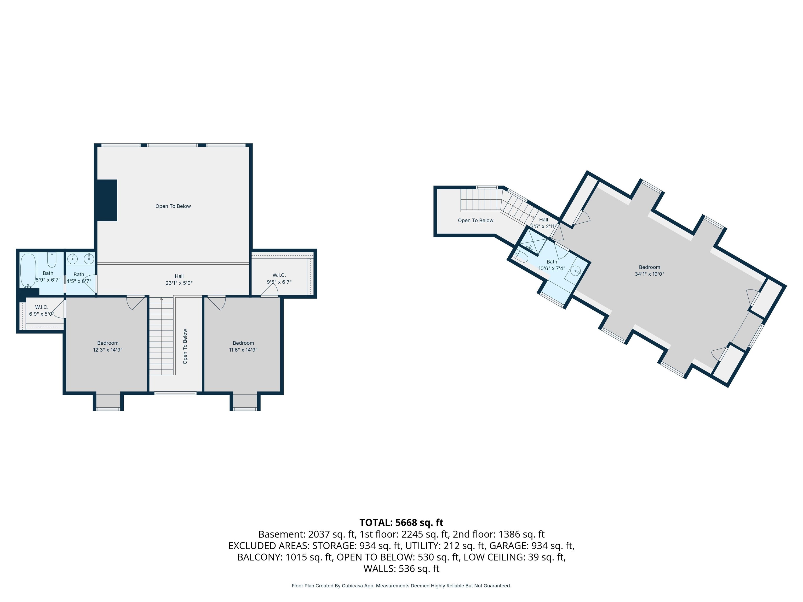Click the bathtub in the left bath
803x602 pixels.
click(x=28, y=270)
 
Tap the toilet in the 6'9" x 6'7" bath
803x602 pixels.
click(x=52, y=260)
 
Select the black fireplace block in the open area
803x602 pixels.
click(x=107, y=200)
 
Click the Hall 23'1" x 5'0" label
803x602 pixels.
click(x=179, y=279)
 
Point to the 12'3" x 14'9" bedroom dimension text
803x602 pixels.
click(x=108, y=350)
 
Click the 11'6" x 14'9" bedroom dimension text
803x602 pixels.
click(x=243, y=350)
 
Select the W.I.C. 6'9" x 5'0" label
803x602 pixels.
click(x=42, y=310)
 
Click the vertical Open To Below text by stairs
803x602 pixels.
click(x=185, y=346)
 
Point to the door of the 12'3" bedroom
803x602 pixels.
click(x=136, y=303)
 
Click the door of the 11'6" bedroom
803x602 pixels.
click(x=216, y=303)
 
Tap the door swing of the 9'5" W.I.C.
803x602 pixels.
click(x=269, y=290)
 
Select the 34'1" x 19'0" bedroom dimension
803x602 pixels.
click(x=650, y=274)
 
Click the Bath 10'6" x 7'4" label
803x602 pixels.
click(x=552, y=265)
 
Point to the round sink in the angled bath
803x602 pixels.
click(x=576, y=271)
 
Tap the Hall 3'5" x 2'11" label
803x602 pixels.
click(x=543, y=223)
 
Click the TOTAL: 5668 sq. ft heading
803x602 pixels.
click(x=401, y=523)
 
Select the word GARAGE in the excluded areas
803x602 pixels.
click(x=508, y=546)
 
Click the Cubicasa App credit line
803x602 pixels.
click(x=401, y=586)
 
